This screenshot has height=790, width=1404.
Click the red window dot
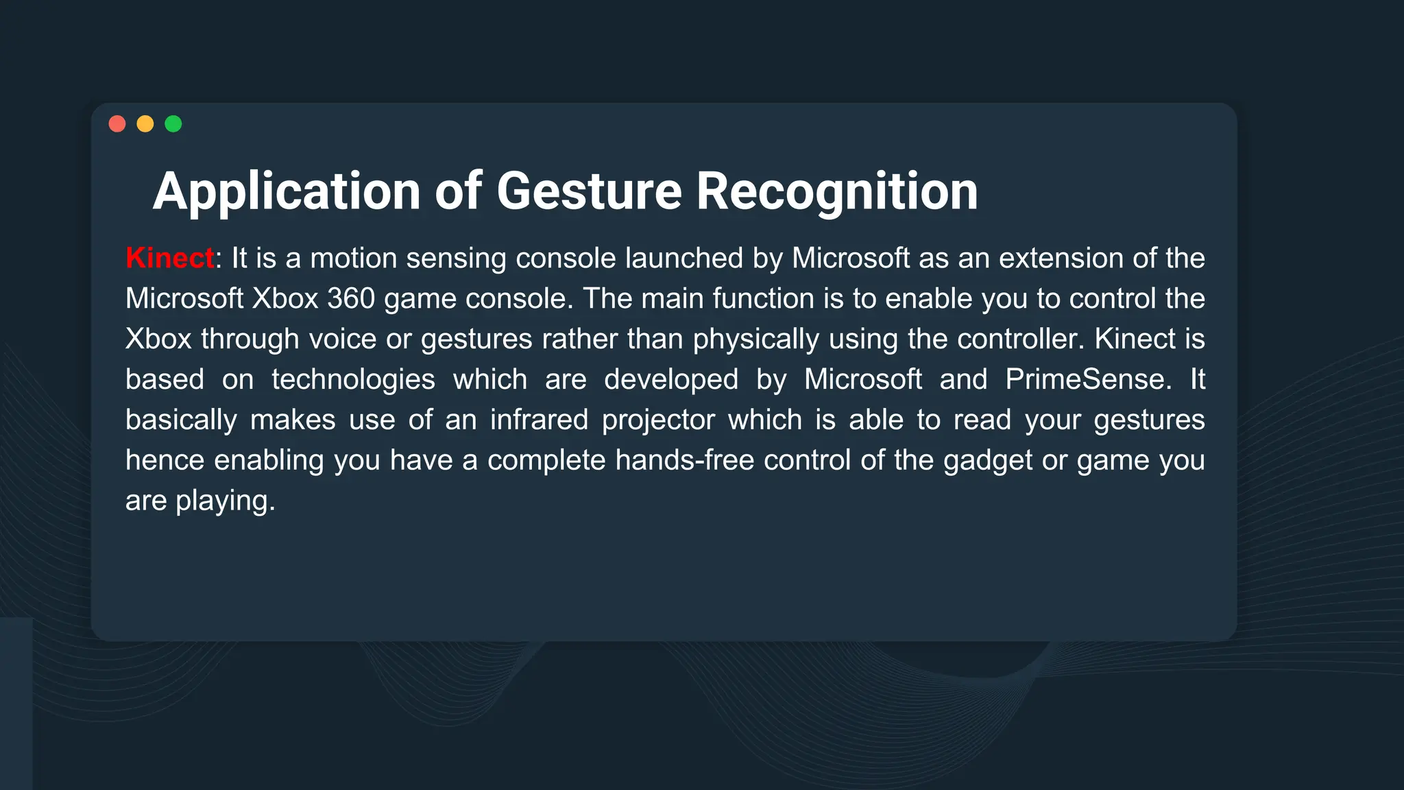[x=117, y=123]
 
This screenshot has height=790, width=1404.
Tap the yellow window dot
[x=145, y=123]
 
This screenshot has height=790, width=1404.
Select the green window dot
[x=173, y=123]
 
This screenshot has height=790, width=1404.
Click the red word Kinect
[x=170, y=259]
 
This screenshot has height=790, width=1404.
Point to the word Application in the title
[x=287, y=191]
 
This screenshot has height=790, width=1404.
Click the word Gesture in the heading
[x=589, y=191]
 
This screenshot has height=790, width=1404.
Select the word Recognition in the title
[x=837, y=191]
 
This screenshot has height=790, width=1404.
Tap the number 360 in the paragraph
[x=351, y=299]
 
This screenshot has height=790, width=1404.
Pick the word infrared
[x=539, y=420]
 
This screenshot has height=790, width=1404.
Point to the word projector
[x=658, y=420]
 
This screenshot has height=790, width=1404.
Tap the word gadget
[x=988, y=461]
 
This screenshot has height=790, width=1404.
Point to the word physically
[x=756, y=339]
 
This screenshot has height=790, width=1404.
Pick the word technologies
[x=353, y=380]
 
